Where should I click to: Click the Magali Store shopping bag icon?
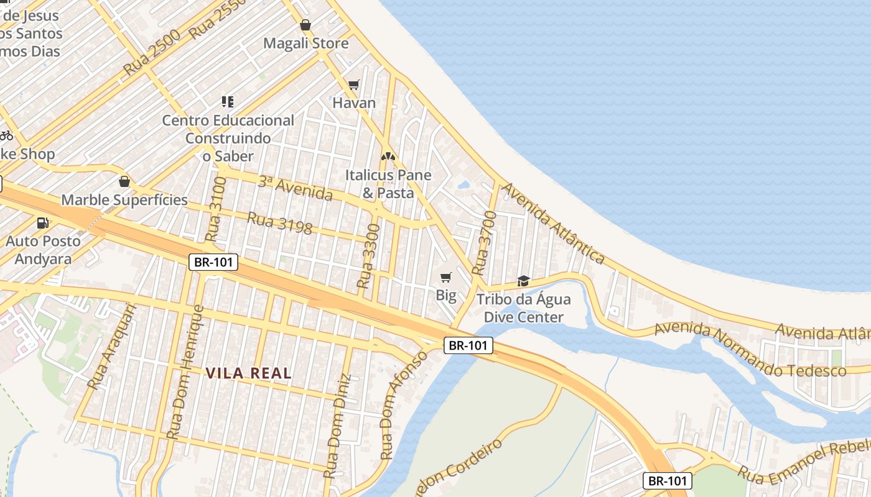tap(305, 25)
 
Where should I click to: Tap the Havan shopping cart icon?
tap(354, 84)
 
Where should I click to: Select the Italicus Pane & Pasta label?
tap(388, 184)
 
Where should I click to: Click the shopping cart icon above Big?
tap(445, 277)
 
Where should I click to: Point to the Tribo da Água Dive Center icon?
tap(523, 281)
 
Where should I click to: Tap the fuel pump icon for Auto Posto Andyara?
tap(43, 222)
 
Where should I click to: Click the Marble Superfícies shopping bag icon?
tap(124, 181)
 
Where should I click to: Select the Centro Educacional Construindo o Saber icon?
tap(227, 101)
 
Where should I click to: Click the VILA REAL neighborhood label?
tap(248, 373)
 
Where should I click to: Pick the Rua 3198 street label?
tap(279, 223)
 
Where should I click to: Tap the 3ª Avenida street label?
tap(295, 188)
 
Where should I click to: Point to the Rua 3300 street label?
tap(368, 257)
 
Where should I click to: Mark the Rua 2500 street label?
tap(152, 52)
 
